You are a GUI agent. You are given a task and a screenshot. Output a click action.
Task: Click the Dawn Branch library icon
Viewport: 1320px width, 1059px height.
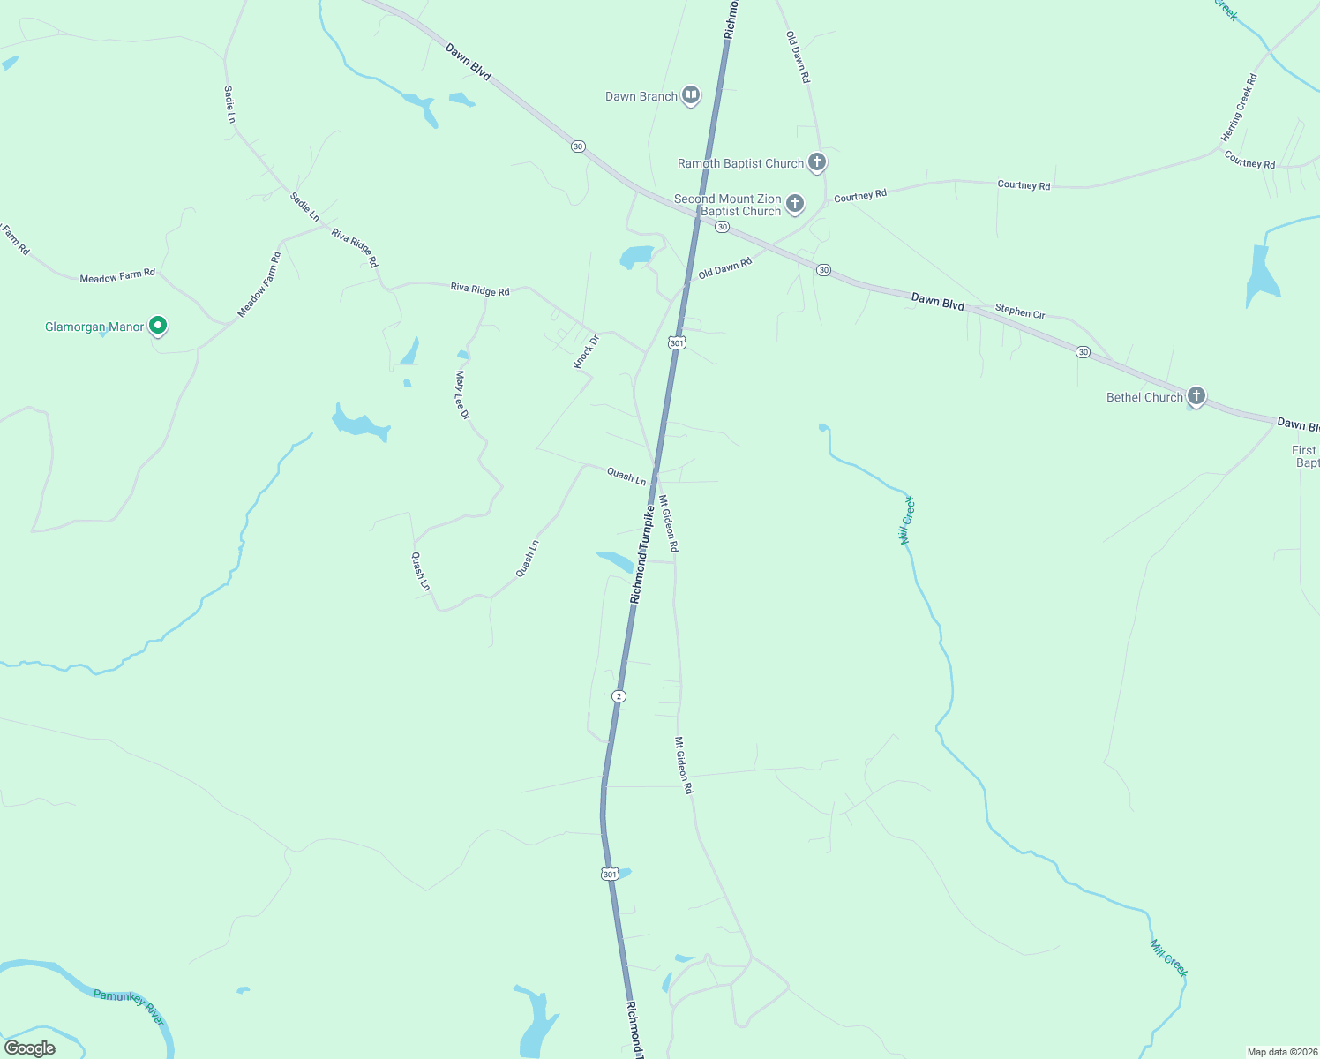click(691, 95)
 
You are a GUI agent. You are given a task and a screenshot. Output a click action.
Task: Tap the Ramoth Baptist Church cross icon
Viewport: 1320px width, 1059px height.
click(817, 162)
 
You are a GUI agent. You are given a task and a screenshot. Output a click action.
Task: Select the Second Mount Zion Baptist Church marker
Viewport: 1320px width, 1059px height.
click(795, 205)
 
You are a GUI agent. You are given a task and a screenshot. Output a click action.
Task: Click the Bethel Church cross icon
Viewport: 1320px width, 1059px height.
click(1196, 396)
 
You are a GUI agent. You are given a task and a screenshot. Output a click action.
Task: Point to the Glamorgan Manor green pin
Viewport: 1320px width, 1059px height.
click(158, 327)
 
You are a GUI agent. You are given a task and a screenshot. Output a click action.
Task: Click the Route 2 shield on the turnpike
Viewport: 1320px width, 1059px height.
click(619, 696)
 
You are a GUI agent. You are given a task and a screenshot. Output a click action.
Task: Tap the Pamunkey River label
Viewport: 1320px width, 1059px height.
click(129, 1007)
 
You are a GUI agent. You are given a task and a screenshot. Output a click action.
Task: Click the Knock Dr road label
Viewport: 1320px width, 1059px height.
click(586, 352)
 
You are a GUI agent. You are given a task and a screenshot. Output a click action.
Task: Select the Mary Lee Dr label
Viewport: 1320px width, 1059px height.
click(462, 394)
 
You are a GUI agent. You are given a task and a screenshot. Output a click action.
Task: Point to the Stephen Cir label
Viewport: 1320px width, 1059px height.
click(1020, 312)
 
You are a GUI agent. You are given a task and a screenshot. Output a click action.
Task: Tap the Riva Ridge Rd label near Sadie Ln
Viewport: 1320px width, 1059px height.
click(355, 247)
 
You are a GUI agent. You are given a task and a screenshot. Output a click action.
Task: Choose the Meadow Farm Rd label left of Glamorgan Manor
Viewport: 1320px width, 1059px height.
click(117, 276)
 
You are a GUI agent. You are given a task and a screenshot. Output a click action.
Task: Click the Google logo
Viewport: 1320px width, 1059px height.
click(30, 1048)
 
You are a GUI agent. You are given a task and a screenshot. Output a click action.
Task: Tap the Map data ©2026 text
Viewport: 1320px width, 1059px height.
click(1281, 1052)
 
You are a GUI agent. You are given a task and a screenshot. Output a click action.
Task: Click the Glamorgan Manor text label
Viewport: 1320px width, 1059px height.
click(94, 327)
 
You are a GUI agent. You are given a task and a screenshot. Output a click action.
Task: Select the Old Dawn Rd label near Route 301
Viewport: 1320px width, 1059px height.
click(725, 268)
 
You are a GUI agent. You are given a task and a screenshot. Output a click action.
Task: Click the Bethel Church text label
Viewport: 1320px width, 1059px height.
click(1144, 397)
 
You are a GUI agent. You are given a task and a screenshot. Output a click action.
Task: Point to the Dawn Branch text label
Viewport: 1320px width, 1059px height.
click(641, 96)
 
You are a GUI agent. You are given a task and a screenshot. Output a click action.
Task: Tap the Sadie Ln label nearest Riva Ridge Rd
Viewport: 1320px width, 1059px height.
click(304, 207)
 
